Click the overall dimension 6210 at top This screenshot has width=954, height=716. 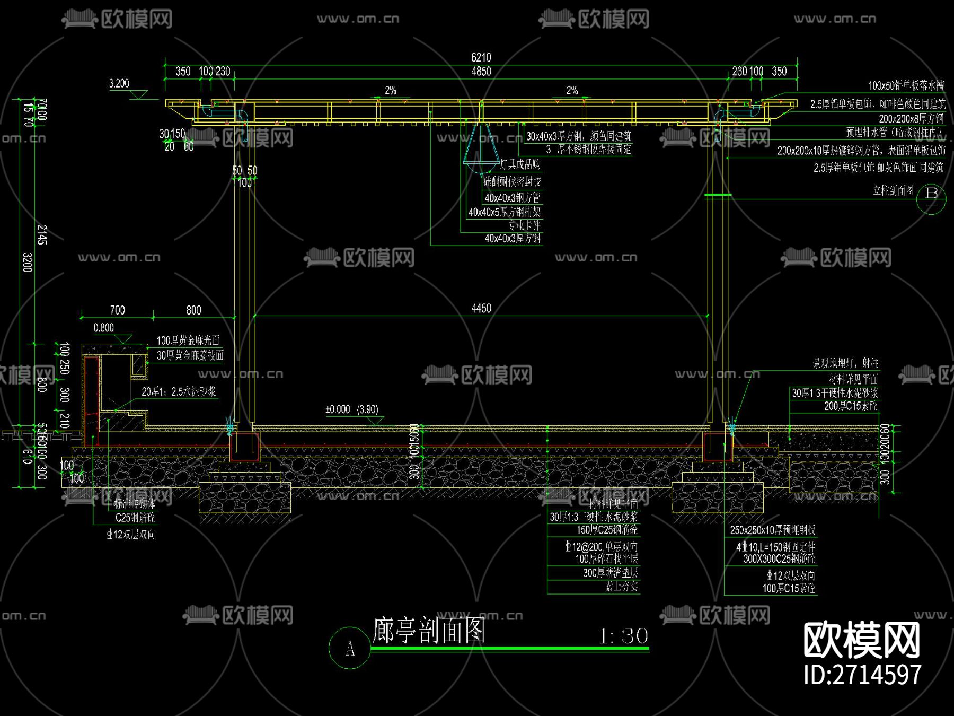point(481,57)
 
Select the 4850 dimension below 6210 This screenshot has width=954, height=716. point(481,72)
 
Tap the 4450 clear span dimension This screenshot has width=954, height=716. point(481,308)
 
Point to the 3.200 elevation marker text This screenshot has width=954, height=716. point(119,83)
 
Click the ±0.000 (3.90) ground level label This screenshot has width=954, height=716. point(351,409)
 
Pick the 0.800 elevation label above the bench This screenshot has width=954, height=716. point(103,328)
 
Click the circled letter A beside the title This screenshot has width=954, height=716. point(349,648)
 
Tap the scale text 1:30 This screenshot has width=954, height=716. point(623,636)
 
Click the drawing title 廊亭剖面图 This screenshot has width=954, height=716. point(428,631)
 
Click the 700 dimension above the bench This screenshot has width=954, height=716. point(117,310)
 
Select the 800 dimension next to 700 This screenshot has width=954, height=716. point(193,310)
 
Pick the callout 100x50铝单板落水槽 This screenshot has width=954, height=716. point(905,86)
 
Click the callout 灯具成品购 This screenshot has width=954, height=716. point(520,165)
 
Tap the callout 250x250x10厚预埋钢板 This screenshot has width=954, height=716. point(772,530)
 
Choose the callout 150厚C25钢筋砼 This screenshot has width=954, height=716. point(607,530)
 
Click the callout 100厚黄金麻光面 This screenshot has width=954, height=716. point(188,340)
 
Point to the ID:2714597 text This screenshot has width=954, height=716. point(862,675)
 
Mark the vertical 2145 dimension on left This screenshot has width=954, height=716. point(42,234)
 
